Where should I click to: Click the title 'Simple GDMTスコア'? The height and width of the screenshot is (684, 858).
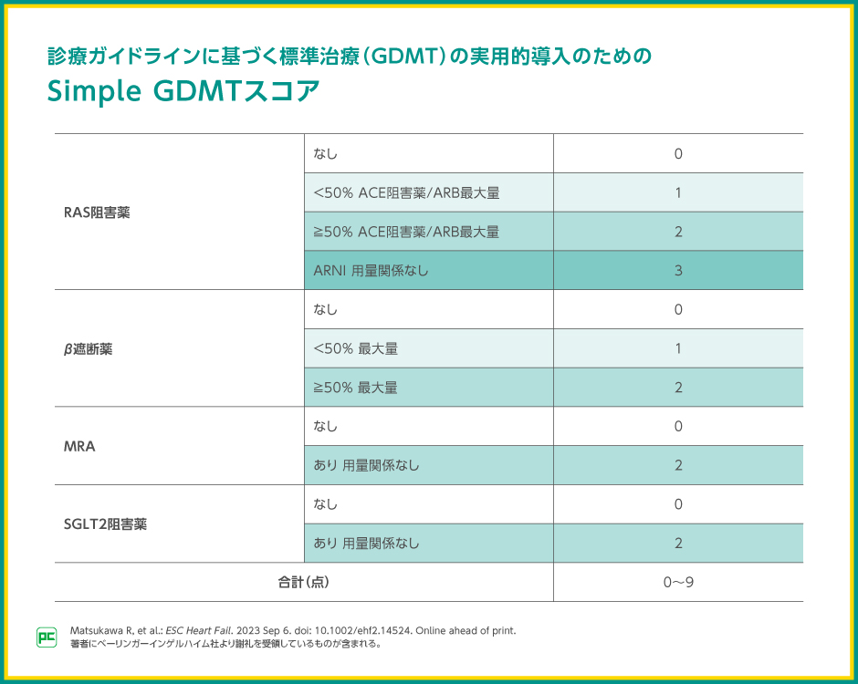coord(183,93)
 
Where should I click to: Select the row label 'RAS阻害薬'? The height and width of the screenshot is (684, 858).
coord(97,212)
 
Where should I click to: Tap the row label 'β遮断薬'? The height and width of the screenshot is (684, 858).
coord(88,348)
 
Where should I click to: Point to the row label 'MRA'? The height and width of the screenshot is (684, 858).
coord(79,446)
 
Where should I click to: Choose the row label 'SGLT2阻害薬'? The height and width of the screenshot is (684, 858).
coord(106,524)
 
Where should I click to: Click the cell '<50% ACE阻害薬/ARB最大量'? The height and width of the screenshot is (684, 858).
coord(406,193)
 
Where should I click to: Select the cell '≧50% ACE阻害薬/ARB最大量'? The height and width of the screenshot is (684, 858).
coord(406,232)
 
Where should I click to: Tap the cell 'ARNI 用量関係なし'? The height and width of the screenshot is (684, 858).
coord(371,271)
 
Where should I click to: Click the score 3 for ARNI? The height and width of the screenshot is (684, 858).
coord(678,271)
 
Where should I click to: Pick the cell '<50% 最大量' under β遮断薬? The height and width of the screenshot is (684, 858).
coord(355,348)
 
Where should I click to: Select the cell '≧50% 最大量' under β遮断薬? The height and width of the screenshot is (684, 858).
coord(355,388)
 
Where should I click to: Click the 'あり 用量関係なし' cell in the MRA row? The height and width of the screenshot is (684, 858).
coord(366,465)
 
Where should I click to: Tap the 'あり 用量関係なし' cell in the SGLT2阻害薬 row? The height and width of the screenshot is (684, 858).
coord(366,544)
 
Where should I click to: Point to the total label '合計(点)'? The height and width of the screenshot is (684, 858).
coord(303,582)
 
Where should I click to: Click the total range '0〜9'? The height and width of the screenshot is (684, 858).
coord(678,582)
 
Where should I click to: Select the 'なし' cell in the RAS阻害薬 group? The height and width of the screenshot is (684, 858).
coord(325,154)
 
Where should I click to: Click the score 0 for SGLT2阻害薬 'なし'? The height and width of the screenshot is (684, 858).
coord(678,504)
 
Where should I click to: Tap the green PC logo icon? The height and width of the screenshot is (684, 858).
coord(47,637)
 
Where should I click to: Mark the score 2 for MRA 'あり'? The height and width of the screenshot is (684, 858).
coord(678,465)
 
